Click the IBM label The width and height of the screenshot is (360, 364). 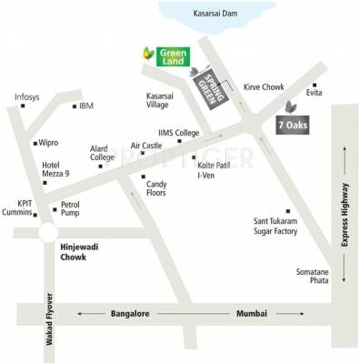[x=86, y=106]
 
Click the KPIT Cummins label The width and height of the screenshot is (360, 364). [x=18, y=209]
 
